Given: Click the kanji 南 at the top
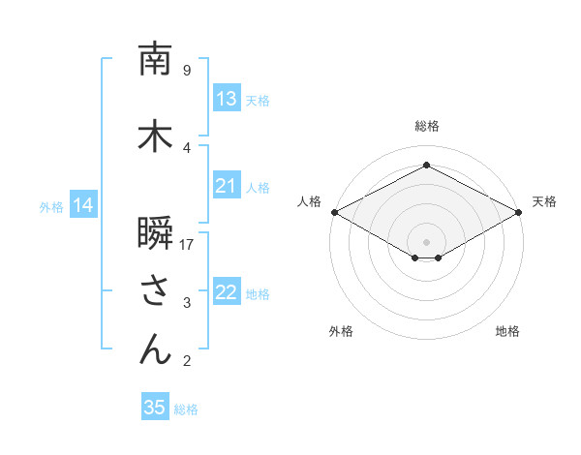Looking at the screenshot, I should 155,59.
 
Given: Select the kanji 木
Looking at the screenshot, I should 155,136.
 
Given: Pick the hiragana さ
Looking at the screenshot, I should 155,291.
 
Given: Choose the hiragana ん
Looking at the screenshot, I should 155,349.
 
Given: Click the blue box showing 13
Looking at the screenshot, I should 227,99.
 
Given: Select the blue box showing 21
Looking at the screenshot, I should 227,186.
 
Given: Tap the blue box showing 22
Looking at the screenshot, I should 227,292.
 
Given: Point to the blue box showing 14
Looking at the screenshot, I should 82,205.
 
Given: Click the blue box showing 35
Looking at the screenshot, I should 155,408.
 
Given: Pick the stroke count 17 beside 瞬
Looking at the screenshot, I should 187,244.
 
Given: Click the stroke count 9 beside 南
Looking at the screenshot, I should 187,70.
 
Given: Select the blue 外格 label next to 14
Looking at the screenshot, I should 51,206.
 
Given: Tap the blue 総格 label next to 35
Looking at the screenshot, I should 186,409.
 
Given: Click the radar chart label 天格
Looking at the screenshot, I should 544,201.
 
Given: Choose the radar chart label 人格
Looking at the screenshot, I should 309,201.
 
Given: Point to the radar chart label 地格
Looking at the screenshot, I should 507,331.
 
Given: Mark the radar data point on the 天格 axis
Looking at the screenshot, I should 520,212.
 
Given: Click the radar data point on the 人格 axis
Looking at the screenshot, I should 333,212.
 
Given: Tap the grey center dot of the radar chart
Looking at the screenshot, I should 426,241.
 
